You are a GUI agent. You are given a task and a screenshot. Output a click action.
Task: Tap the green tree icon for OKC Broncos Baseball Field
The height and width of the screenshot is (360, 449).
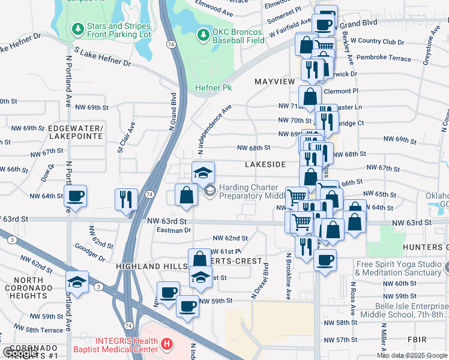pos(202,32)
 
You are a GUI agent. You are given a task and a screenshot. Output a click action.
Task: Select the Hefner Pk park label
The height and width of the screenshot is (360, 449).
pos(213,88)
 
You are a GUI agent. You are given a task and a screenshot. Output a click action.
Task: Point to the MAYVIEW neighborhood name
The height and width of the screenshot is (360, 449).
pos(274,81)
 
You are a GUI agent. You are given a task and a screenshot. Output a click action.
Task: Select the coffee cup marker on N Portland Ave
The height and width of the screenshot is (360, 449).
pos(76,196)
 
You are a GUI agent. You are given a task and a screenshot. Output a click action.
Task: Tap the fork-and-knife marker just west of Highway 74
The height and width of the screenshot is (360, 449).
pos(126,199)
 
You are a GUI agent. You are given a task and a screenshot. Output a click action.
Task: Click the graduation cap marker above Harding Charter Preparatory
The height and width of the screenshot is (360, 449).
pos(203,173)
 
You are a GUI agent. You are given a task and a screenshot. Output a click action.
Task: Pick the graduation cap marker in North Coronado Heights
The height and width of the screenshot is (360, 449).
pos(77,281)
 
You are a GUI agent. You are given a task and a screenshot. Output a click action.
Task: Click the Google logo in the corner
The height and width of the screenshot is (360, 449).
pos(20,353)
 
